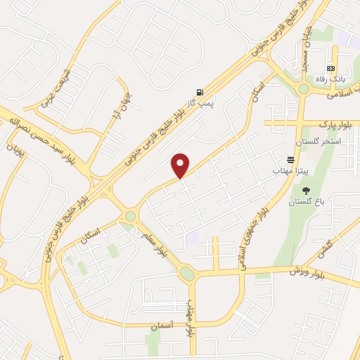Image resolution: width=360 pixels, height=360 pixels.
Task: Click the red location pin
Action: (181, 165)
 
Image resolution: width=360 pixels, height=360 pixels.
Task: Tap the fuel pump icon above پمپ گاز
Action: (201, 92)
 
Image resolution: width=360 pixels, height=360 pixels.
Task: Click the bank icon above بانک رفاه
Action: (330, 67)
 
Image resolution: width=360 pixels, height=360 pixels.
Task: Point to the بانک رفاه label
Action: (330, 78)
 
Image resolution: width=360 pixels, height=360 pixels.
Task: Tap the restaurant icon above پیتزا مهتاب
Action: (290, 160)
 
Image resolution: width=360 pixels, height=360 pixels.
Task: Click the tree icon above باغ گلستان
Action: (305, 191)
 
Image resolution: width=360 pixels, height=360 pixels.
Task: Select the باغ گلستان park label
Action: (306, 202)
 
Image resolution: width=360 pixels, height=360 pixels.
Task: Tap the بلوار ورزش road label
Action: (310, 270)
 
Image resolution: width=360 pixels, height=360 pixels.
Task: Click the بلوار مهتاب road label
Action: (190, 318)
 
